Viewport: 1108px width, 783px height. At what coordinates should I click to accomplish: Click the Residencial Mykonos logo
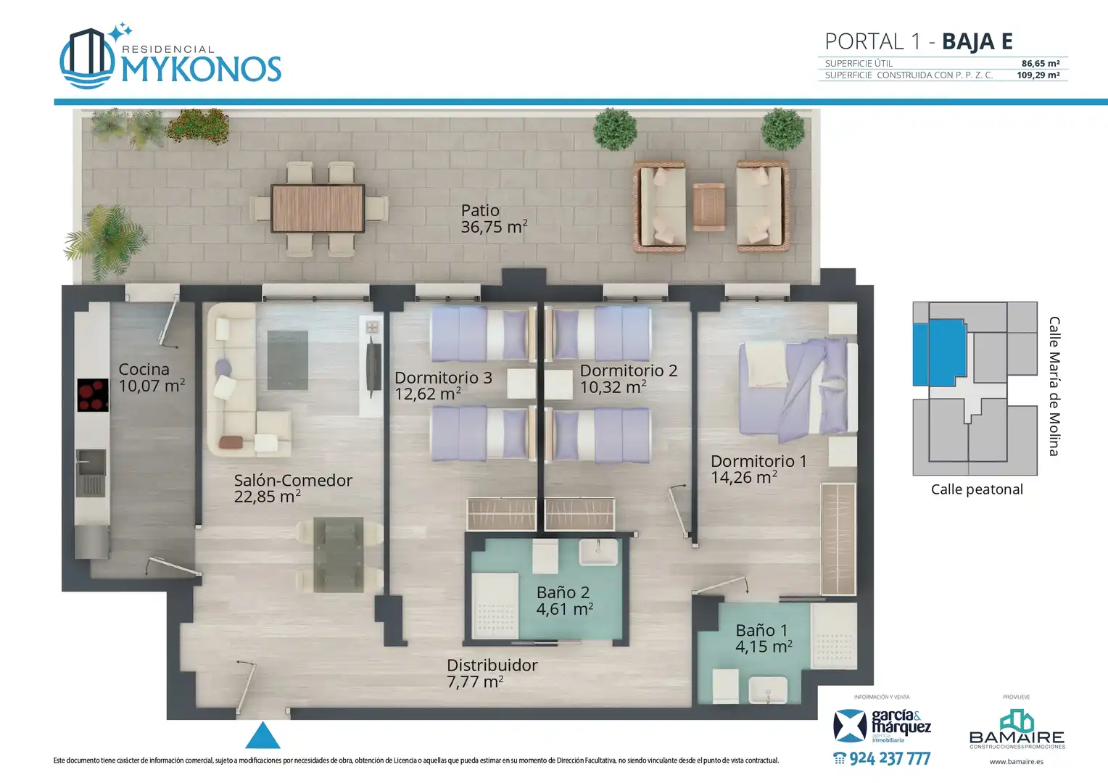tap(170, 57)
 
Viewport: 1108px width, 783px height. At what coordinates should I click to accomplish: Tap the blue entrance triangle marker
tap(262, 736)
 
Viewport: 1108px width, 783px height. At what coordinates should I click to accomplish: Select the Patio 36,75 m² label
tap(494, 219)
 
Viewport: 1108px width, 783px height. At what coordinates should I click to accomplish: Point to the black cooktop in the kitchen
tap(93, 394)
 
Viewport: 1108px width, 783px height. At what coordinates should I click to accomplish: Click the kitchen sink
tap(91, 473)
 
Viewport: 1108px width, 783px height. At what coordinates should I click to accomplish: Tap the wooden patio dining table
tap(318, 208)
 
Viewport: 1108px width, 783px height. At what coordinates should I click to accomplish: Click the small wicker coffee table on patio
tap(709, 207)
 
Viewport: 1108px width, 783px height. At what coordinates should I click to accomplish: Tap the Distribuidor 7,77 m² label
tap(492, 674)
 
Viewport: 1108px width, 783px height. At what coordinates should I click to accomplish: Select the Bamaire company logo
tap(1017, 729)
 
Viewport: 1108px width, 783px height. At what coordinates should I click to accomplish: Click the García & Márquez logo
tap(882, 726)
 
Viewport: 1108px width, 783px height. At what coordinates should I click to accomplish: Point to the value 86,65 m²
tap(1041, 63)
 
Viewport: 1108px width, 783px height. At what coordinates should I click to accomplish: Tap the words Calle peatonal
tap(977, 489)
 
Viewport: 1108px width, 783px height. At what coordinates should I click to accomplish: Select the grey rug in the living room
tap(287, 360)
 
